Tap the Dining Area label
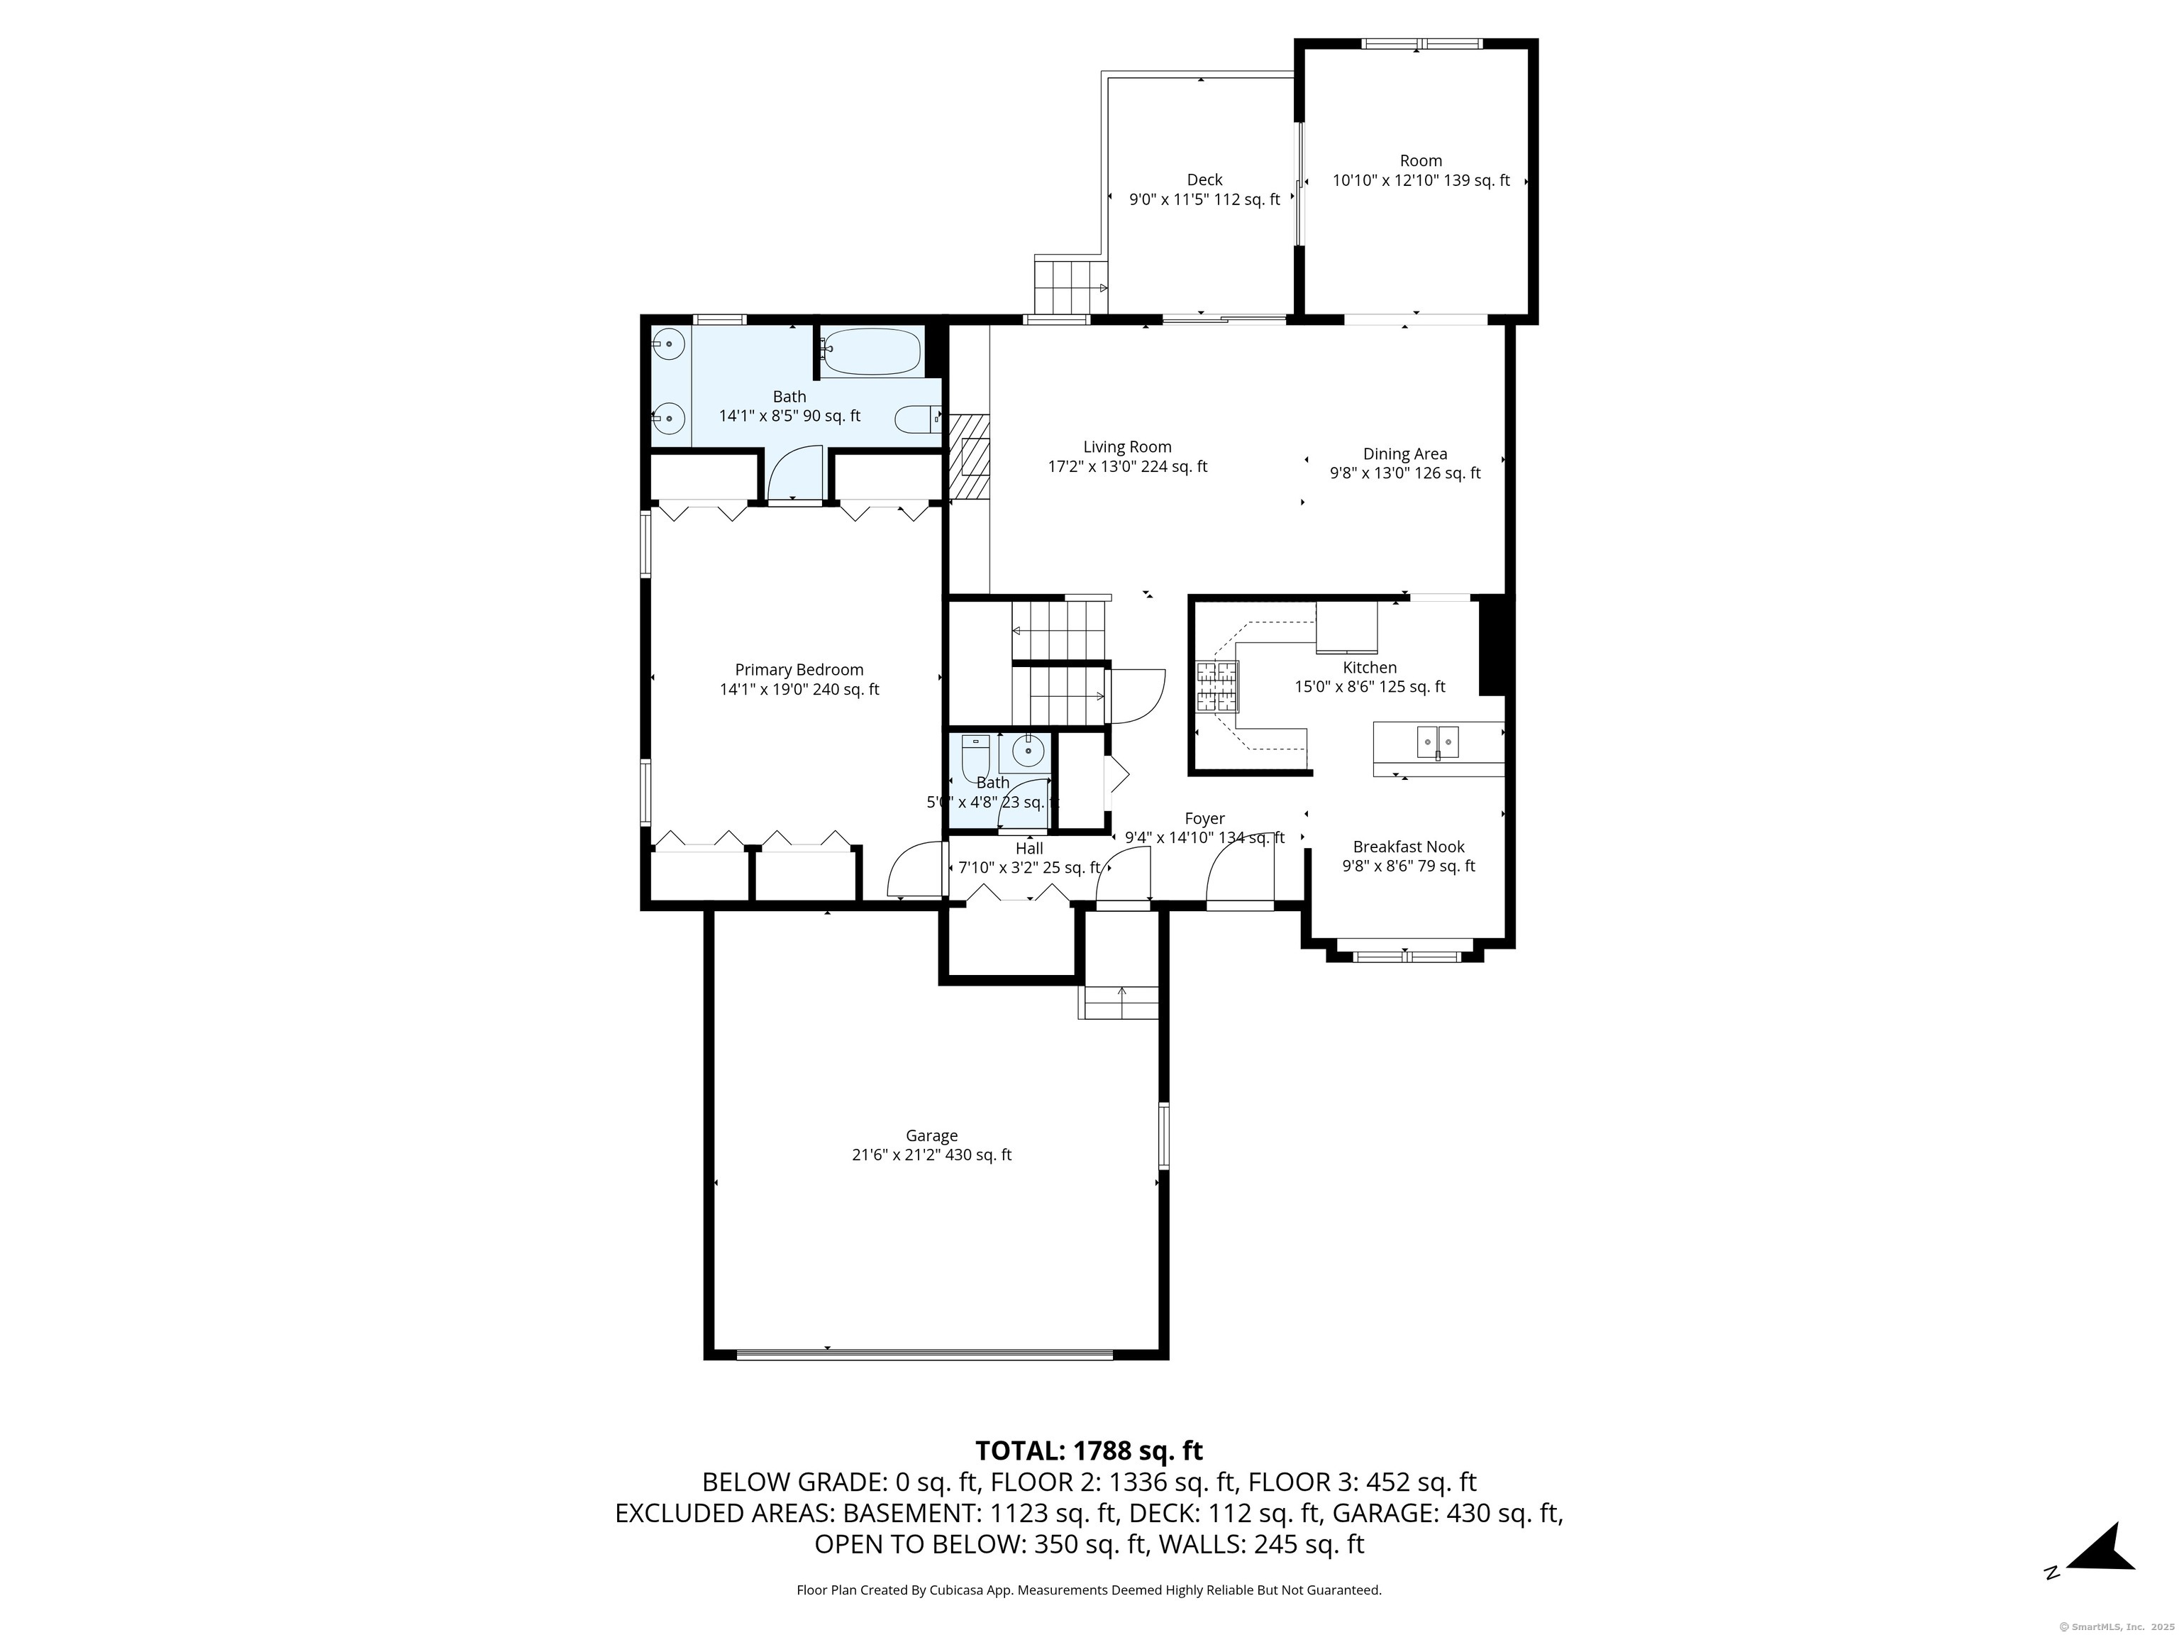point(1404,454)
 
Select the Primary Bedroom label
point(799,670)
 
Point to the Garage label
point(932,1136)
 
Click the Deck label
point(1204,180)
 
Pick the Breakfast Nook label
point(1409,847)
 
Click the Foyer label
point(1204,819)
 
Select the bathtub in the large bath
point(872,353)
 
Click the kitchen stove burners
point(1218,687)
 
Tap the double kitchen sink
point(1438,741)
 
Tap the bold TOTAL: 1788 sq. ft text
point(1089,1450)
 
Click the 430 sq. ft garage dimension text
point(978,1155)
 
